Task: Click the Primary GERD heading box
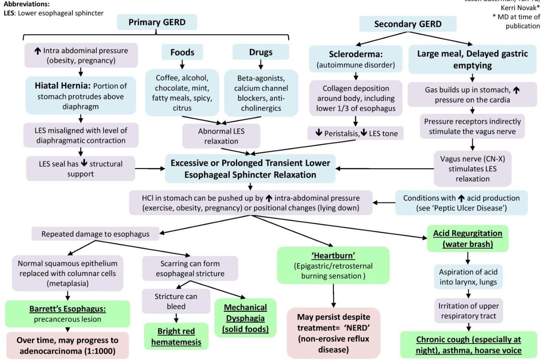[157, 22]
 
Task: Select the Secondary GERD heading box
[408, 24]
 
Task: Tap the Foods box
[182, 52]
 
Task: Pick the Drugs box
[261, 52]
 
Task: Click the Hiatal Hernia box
[80, 96]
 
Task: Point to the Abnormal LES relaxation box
[221, 136]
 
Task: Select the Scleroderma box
[356, 59]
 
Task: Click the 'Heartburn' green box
[333, 266]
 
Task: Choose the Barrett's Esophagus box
[68, 314]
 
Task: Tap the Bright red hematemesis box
[176, 336]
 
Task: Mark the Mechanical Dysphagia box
[245, 318]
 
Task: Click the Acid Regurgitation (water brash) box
[468, 238]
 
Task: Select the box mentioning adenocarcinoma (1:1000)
[67, 345]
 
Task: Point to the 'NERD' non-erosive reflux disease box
[333, 333]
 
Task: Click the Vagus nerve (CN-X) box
[472, 169]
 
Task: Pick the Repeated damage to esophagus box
[95, 234]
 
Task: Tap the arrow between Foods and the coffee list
[182, 65]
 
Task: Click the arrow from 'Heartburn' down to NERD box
[333, 296]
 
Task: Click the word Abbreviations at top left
[26, 4]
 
